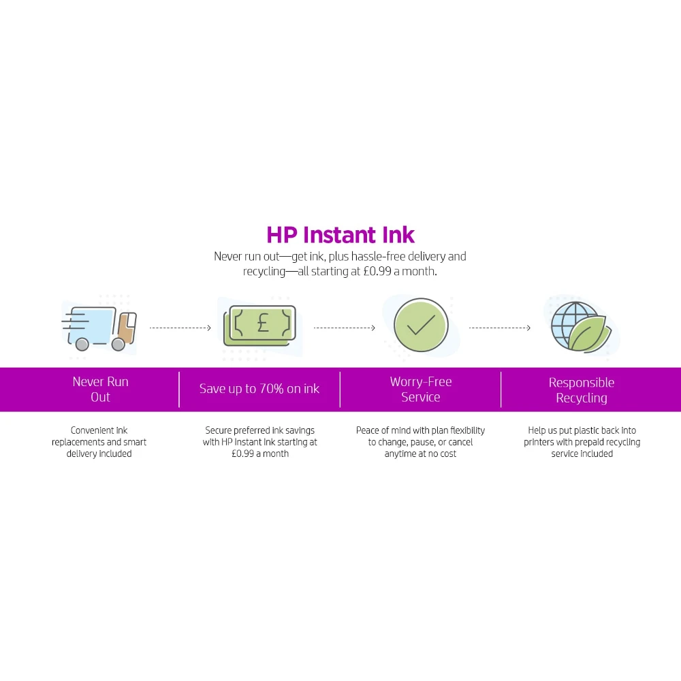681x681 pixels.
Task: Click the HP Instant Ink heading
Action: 340,234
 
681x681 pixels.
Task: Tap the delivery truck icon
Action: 99,328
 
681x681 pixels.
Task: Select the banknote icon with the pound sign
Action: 259,326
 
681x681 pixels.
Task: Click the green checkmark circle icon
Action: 421,325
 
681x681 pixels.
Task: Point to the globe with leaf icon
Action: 581,327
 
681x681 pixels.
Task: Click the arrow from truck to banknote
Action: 180,328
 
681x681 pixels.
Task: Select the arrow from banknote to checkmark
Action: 345,328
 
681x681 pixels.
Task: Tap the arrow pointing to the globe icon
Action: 500,328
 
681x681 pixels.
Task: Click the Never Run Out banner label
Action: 100,389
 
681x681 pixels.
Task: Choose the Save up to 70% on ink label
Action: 259,388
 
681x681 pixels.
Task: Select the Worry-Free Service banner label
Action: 421,389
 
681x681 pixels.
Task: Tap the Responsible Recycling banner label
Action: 582,390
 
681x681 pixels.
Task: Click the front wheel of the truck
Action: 118,345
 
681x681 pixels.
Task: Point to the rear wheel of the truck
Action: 82,345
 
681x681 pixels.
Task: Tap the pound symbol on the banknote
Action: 263,323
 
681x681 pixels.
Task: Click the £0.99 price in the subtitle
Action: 377,272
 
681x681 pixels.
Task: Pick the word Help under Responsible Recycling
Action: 537,430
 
